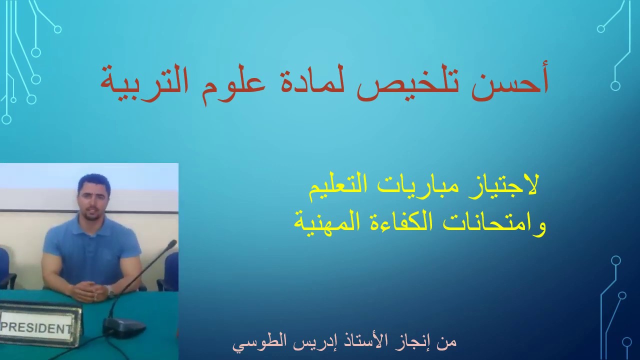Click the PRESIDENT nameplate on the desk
pos(37,327)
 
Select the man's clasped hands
pos(90,290)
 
